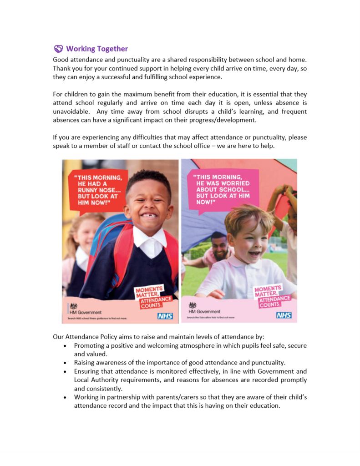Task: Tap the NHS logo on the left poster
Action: pos(165,316)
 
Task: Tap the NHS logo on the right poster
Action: pos(284,315)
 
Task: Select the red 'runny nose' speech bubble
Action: pos(96,189)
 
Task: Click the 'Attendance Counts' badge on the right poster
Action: pos(274,301)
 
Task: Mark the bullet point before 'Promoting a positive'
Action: pos(66,346)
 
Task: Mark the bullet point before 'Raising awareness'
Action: pos(66,363)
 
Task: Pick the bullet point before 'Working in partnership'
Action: pos(66,397)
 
